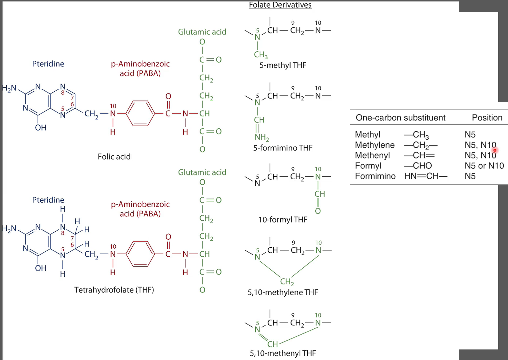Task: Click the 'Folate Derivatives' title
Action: pos(280,5)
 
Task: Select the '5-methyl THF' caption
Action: pos(283,65)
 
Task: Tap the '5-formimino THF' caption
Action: pos(283,148)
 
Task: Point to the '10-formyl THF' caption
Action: pos(283,220)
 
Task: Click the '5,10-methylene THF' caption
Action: pos(283,292)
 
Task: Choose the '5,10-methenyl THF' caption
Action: pos(283,353)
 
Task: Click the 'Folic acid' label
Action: pos(114,157)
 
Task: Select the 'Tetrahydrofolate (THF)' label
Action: pos(114,290)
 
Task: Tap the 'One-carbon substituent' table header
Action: pos(400,118)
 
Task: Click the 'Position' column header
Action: pos(487,118)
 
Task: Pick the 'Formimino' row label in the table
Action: pos(375,176)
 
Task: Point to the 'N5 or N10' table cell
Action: pos(484,166)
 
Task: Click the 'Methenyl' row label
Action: pos(372,155)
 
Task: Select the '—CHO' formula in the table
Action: pos(418,166)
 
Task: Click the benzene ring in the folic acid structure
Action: pos(140,113)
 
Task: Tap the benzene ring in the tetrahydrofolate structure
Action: pos(140,254)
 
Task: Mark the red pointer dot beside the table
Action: pos(495,150)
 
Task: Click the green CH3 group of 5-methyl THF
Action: pos(261,55)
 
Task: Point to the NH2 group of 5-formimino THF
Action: pos(262,137)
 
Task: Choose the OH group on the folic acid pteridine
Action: pos(41,128)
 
